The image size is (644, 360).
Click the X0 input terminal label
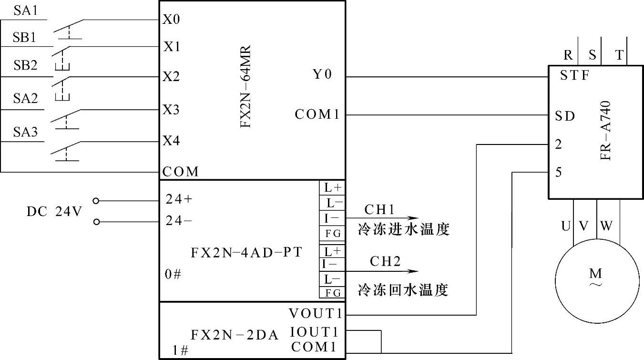point(172,20)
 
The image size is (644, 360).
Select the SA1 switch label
point(26,10)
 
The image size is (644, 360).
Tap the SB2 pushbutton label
point(25,65)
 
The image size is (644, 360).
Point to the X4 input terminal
point(172,141)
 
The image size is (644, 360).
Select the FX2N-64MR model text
point(245,86)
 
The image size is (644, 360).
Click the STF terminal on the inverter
point(574,75)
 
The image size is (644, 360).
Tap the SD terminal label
point(565,116)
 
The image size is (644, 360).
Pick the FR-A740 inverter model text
point(606,130)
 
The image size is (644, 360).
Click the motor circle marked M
point(596,277)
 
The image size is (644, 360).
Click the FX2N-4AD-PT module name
point(246,252)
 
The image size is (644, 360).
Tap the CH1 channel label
point(379,209)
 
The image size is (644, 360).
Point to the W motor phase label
point(606,226)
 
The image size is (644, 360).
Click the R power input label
point(568,55)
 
